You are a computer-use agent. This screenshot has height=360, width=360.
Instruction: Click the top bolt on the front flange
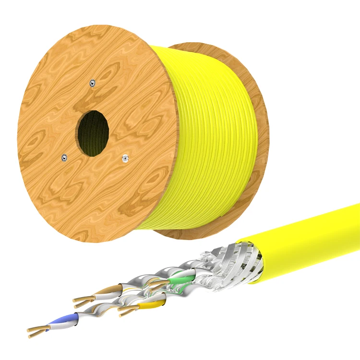[x=93, y=84]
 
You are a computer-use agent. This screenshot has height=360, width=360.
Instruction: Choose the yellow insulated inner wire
[x=146, y=303]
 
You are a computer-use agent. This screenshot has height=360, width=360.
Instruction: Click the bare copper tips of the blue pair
[x=36, y=329]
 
